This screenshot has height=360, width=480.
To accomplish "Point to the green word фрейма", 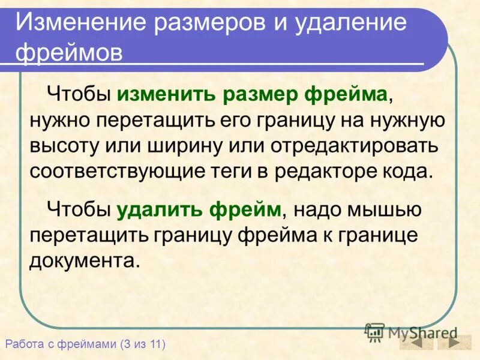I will point(347,95).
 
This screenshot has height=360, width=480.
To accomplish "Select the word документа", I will point(83,261).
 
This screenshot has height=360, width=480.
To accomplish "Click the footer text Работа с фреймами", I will point(60,344).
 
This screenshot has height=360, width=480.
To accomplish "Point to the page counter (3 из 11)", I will point(142,344).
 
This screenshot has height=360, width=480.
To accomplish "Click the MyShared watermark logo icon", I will point(374,332).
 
